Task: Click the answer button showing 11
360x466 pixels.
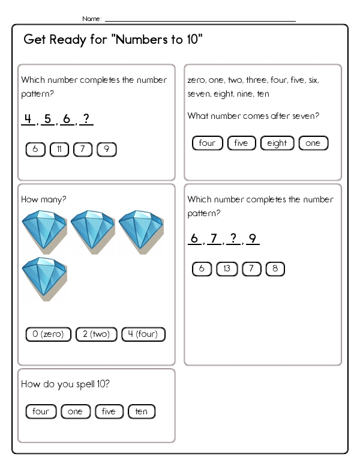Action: point(59,150)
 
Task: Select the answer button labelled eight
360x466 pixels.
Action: point(277,143)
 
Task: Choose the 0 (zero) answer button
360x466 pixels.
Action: point(49,334)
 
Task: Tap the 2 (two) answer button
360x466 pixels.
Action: point(97,334)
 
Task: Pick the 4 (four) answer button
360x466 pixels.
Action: point(143,334)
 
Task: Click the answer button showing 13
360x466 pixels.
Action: point(226,269)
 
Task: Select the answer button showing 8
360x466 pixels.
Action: point(275,269)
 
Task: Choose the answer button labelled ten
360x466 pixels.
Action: point(142,411)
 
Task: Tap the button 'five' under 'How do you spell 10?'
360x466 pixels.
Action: point(109,411)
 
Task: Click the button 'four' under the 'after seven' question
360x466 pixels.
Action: point(207,143)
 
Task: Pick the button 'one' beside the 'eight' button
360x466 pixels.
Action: point(313,143)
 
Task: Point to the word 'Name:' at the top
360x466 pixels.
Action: point(92,19)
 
